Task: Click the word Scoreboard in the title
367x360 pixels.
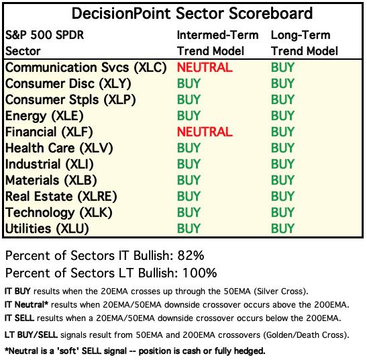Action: point(270,13)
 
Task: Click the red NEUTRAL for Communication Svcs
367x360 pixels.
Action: point(205,67)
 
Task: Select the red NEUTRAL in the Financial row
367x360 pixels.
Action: point(205,132)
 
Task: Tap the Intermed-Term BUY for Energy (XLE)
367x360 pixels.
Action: point(189,116)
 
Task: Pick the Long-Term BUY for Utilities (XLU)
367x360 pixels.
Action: point(282,228)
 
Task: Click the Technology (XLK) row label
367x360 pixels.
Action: point(59,213)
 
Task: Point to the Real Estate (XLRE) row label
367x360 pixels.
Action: point(61,196)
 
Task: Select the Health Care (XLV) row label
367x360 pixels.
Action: point(59,148)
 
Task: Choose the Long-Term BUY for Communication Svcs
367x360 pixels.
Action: point(282,67)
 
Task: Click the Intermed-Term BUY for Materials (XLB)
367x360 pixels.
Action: point(189,180)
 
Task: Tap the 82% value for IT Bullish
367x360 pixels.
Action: point(191,255)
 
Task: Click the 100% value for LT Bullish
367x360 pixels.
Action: point(200,273)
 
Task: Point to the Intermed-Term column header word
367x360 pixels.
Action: point(217,36)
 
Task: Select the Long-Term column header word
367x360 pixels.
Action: point(301,36)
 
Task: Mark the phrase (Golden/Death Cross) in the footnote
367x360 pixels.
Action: point(306,335)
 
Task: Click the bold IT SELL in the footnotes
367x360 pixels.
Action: point(19,318)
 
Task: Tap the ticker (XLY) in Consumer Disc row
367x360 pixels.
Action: point(115,84)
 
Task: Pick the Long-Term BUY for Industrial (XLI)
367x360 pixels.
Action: point(282,164)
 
